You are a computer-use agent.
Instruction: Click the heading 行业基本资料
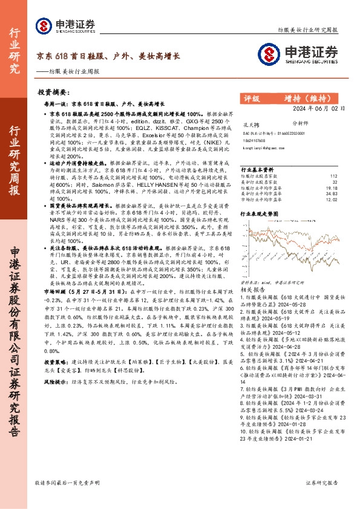pos(257,169)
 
